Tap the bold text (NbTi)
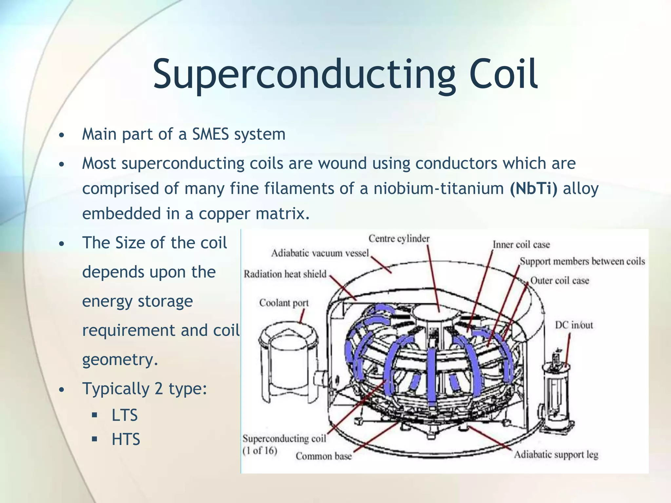[x=533, y=189]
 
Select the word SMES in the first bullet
[x=210, y=134]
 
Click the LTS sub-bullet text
[x=125, y=415]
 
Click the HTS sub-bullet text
[x=126, y=439]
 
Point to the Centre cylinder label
[x=399, y=238]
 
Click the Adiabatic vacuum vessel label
[x=320, y=253]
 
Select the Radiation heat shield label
[x=285, y=274]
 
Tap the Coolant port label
[x=284, y=303]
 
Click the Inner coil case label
[x=521, y=245]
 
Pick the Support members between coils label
[x=582, y=261]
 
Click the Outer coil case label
[x=559, y=281]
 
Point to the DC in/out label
[x=574, y=325]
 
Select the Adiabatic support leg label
[x=556, y=455]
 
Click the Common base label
[x=323, y=456]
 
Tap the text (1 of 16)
[x=260, y=451]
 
